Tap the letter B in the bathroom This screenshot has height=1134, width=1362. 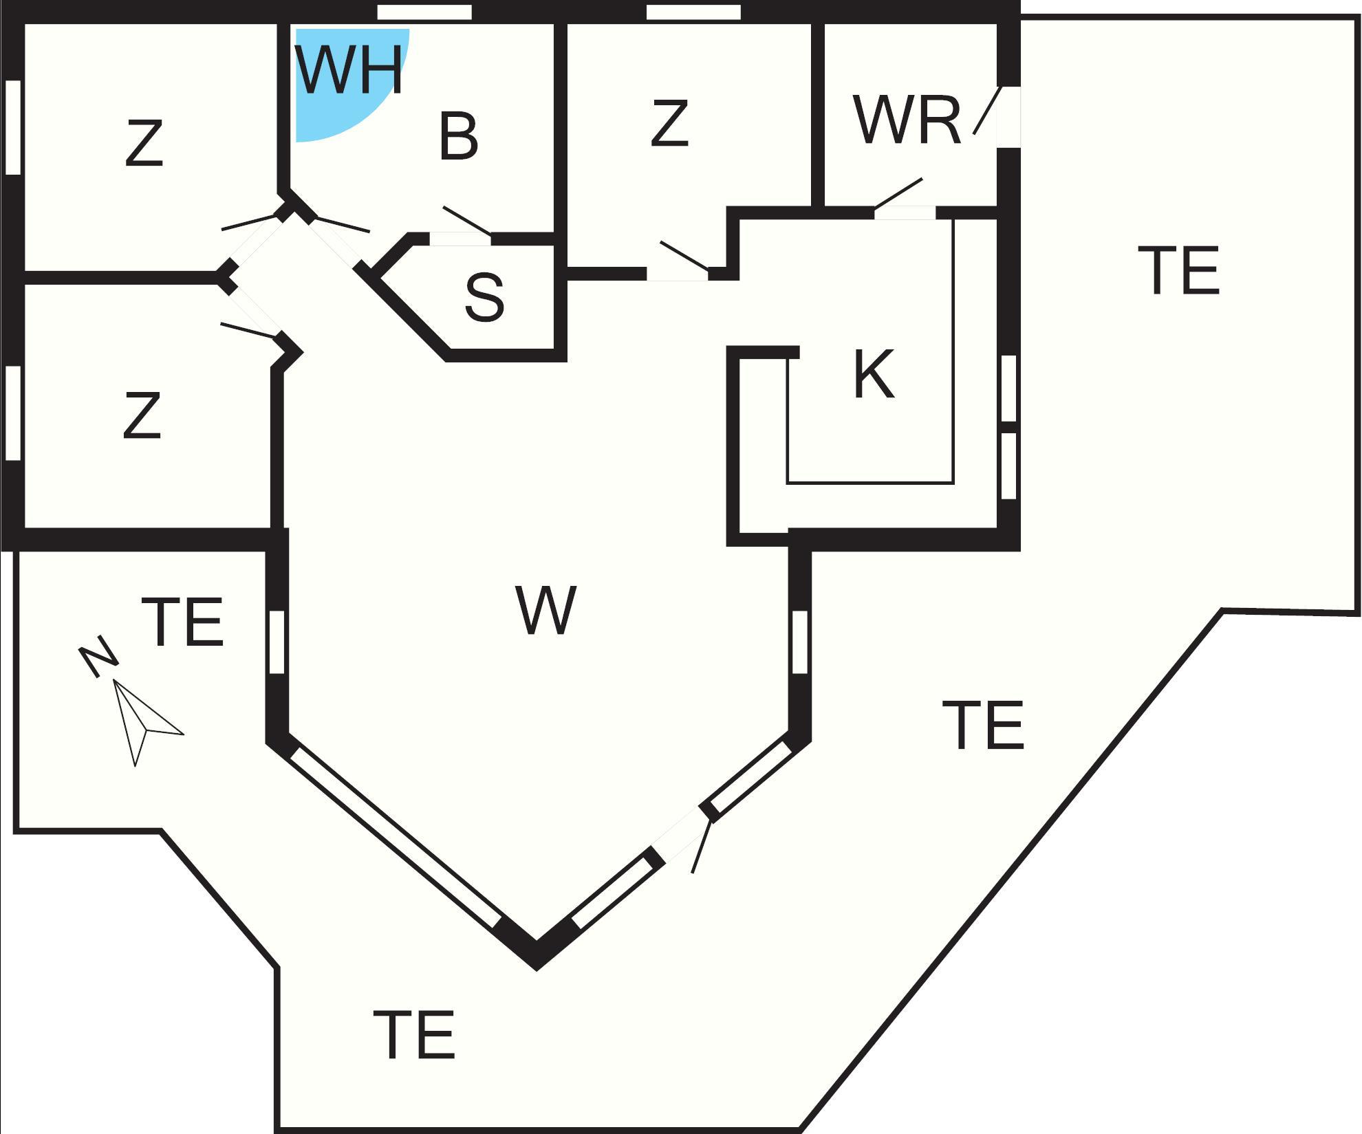click(458, 137)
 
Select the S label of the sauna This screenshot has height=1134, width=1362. click(484, 297)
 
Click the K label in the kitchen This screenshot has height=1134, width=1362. click(874, 375)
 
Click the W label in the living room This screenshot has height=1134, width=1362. click(545, 611)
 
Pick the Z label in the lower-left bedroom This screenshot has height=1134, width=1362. click(142, 415)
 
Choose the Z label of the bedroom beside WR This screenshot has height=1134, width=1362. click(669, 123)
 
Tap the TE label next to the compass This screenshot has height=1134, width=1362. click(183, 622)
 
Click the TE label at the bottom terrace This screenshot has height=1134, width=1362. click(414, 1034)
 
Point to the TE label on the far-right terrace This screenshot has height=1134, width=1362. click(1179, 270)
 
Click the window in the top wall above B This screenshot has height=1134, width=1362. click(424, 12)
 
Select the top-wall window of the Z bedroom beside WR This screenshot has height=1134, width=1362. click(693, 12)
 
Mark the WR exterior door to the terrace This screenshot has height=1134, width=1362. click(1008, 116)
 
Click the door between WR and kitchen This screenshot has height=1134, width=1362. click(905, 212)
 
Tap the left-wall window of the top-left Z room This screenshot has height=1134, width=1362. click(12, 127)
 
